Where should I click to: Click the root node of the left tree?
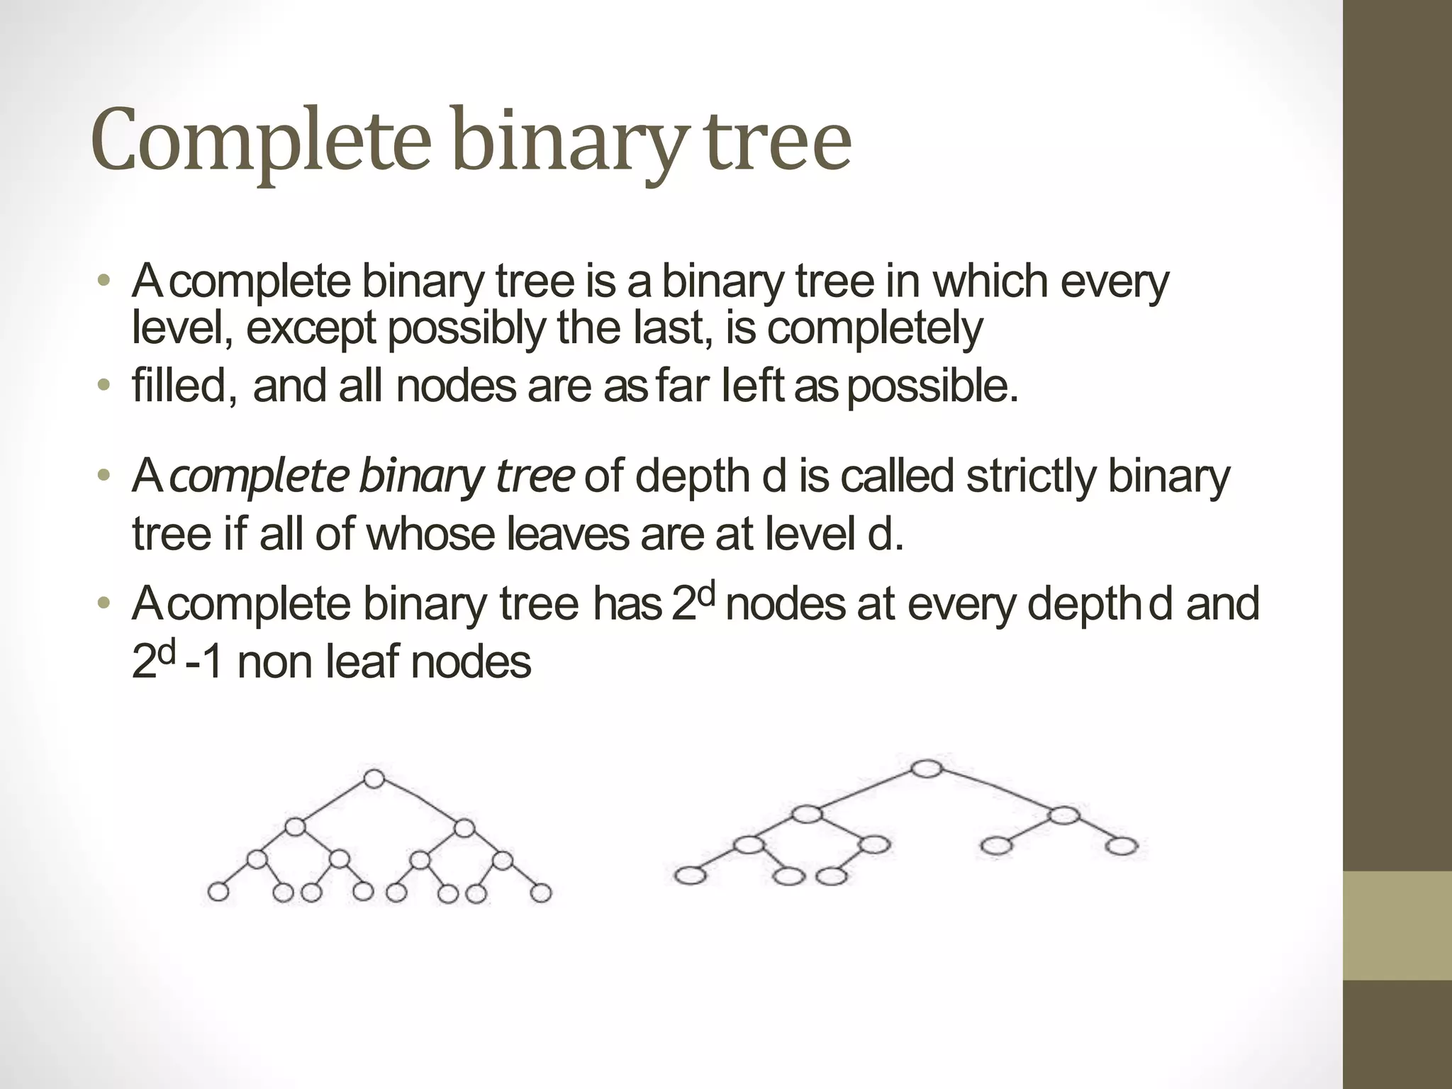tap(374, 778)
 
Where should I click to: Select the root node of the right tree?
tap(927, 769)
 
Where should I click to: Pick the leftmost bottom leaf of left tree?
tap(218, 892)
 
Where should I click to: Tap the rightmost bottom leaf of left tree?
tap(541, 893)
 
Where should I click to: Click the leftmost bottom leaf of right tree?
tap(690, 876)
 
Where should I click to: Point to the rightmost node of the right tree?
tap(1121, 846)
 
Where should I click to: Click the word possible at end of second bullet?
tap(933, 386)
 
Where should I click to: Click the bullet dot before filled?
tap(104, 386)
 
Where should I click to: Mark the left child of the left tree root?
tap(295, 827)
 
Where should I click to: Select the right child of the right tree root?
tap(1063, 815)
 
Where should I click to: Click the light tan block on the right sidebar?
tap(1397, 925)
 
